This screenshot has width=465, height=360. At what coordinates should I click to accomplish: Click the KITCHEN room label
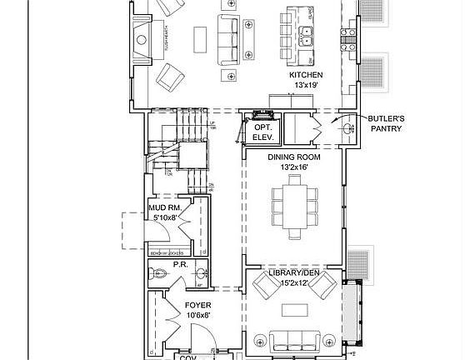tap(306, 75)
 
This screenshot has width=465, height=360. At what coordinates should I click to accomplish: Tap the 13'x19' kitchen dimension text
tap(306, 85)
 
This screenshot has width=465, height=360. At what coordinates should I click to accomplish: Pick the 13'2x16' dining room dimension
tap(294, 167)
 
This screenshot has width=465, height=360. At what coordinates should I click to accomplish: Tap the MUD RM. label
tap(165, 207)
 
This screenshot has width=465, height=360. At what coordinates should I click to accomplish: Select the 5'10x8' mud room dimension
tap(165, 217)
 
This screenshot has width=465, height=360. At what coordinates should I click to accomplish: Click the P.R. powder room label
tap(178, 265)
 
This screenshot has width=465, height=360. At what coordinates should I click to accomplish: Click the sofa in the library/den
tap(293, 339)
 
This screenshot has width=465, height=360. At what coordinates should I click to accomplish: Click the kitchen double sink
tap(312, 37)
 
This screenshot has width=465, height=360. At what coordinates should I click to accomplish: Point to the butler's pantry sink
tap(345, 127)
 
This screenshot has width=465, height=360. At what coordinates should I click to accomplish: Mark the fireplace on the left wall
tap(141, 37)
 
